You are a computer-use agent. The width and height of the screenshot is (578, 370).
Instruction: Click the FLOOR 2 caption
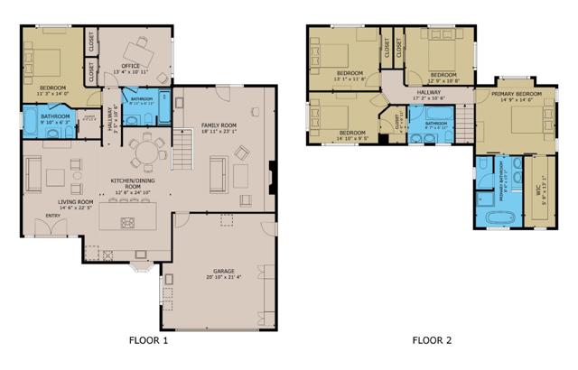pos(432,340)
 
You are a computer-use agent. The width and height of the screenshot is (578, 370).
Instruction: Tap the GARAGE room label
pos(224,272)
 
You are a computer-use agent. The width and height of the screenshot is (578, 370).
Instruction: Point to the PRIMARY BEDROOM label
pos(510,94)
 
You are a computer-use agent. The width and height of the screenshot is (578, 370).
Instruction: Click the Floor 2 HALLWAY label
pos(428,91)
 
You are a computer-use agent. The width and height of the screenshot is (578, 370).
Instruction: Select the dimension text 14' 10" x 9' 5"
pos(352,140)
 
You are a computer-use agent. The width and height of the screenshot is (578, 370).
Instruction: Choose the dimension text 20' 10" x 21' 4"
pos(224,278)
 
